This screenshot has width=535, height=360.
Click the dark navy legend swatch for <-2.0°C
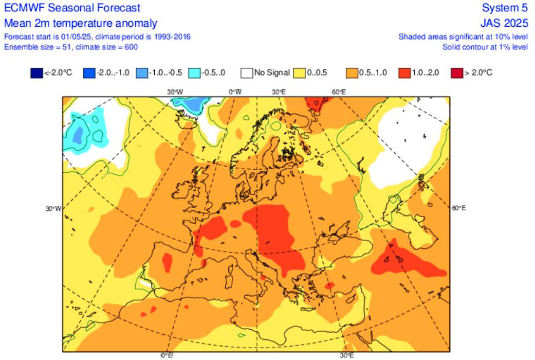click(x=36, y=73)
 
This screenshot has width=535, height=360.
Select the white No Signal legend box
click(x=247, y=73)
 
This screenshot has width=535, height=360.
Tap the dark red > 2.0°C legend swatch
click(x=456, y=73)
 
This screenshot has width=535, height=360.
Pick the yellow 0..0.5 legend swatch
click(x=300, y=73)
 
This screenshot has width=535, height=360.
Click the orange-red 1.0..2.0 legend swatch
click(x=405, y=73)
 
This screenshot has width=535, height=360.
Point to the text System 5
click(x=505, y=8)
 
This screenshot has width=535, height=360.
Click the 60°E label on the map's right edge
click(x=459, y=208)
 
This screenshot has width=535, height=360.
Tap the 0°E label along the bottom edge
click(x=166, y=355)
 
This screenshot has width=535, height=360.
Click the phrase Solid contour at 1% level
click(x=485, y=47)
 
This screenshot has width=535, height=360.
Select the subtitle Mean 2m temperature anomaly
click(x=81, y=24)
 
